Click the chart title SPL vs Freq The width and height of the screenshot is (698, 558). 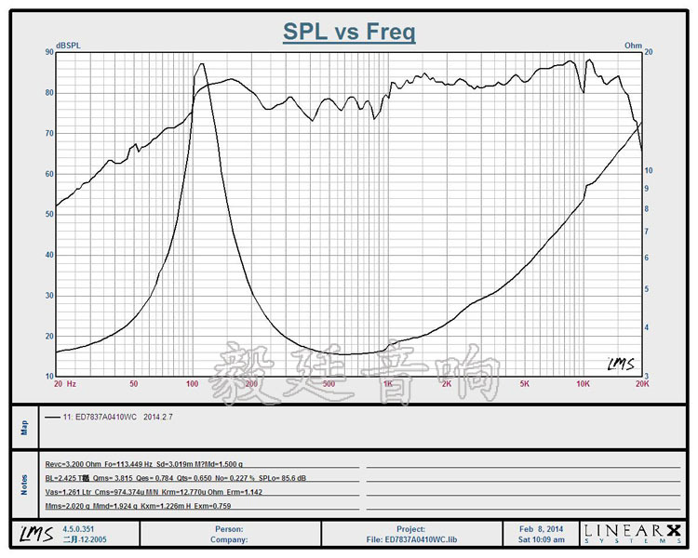point(349,33)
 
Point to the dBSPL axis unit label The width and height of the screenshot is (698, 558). point(68,45)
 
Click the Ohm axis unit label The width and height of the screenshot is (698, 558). point(633,45)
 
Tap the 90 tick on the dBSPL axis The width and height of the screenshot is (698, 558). point(48,52)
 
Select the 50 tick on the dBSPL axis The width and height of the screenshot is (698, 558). point(48,215)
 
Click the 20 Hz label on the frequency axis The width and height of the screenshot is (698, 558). point(64,383)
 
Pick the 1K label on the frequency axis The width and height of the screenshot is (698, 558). point(387,383)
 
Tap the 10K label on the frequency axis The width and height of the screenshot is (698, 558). point(583,383)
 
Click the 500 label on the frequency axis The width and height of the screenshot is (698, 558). point(328,383)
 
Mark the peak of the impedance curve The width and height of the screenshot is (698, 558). point(202,64)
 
